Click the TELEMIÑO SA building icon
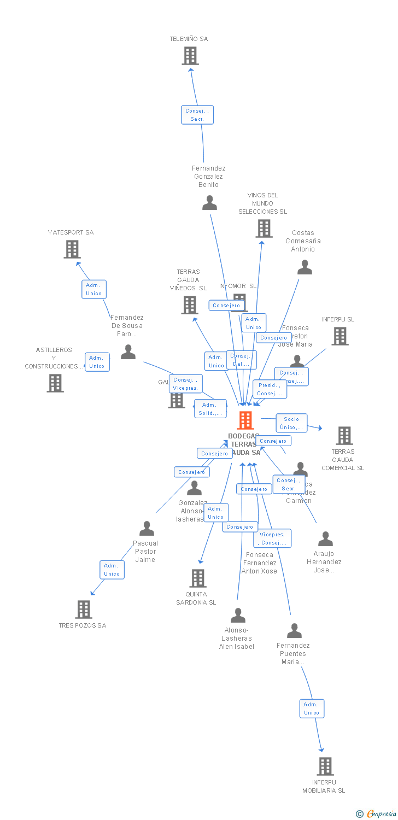(190, 56)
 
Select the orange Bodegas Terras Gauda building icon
(245, 420)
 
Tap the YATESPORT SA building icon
(72, 249)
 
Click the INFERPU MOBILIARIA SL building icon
(325, 766)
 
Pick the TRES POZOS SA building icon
(84, 609)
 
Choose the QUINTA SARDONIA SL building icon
(197, 578)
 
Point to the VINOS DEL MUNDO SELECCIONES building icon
(264, 229)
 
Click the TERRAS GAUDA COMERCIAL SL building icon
(344, 436)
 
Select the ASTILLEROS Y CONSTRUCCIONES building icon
(55, 383)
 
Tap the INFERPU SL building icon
(340, 336)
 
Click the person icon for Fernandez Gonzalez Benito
(209, 203)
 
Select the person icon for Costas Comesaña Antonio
(305, 267)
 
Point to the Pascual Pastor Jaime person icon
(147, 529)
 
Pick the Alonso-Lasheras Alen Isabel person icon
(238, 616)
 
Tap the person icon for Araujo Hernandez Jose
(325, 539)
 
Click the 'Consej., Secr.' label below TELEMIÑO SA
(197, 115)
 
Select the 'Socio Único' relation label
(291, 423)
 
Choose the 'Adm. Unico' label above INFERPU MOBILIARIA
(312, 708)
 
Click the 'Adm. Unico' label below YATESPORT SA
(94, 289)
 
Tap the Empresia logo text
(381, 814)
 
